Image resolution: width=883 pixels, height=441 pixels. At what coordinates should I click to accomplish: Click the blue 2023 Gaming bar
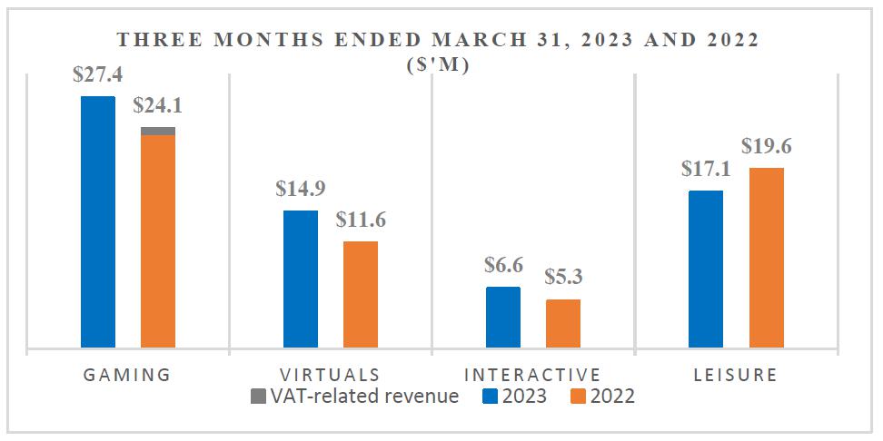(98, 221)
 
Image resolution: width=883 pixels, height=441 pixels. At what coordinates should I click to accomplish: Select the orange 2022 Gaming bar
(158, 241)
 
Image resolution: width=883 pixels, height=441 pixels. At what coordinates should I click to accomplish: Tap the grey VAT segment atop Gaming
(158, 131)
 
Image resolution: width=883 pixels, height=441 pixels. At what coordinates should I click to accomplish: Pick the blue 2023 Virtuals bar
(301, 279)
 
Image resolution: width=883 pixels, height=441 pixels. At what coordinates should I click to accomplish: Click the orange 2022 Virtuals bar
(361, 294)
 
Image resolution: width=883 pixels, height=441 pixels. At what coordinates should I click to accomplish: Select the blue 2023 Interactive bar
(503, 317)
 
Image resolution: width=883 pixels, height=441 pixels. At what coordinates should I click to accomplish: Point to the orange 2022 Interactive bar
(563, 323)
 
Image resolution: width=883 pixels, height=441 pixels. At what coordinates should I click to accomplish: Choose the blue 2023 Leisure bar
(706, 269)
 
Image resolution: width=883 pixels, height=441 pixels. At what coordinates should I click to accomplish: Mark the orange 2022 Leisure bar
(766, 257)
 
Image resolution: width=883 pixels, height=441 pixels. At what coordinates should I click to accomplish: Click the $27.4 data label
(98, 75)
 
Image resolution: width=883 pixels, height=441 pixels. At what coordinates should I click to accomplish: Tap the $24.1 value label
(158, 106)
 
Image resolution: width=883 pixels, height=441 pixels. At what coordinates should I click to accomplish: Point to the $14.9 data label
(301, 189)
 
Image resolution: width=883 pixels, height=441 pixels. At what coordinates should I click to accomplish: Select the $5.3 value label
(563, 278)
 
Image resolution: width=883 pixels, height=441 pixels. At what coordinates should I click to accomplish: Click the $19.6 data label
(766, 146)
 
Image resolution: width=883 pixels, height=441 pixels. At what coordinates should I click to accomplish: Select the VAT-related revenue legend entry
(354, 396)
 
